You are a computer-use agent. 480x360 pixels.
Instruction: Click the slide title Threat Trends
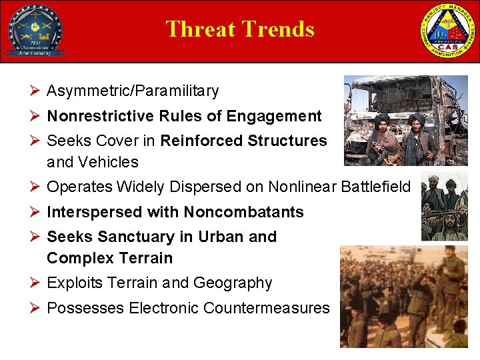coord(239,29)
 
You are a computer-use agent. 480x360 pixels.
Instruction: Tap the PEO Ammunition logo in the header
coord(35,31)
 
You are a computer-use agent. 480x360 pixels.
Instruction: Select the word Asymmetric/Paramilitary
coord(133,91)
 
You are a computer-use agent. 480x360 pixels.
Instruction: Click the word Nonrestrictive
coord(101,116)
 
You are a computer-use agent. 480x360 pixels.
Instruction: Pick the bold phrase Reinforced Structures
coord(244,141)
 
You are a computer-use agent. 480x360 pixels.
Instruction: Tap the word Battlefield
coord(375,187)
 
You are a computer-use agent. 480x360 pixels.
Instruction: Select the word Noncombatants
coord(243,212)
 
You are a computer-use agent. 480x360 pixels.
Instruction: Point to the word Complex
coord(80,258)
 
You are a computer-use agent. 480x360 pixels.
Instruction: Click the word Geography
coord(233,283)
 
